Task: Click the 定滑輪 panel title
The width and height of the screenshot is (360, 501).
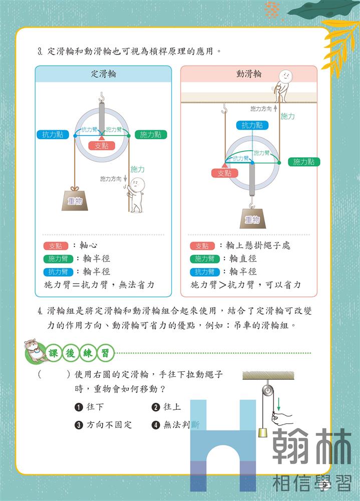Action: pyautogui.click(x=103, y=74)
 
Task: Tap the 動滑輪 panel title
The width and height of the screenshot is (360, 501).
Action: pyautogui.click(x=249, y=74)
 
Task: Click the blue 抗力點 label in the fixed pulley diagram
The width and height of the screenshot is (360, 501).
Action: pyautogui.click(x=53, y=134)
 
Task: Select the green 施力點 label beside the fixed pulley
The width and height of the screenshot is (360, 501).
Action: pyautogui.click(x=151, y=134)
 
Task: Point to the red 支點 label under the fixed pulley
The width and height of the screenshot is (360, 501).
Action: pyautogui.click(x=102, y=146)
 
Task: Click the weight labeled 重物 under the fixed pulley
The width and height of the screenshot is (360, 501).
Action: pyautogui.click(x=75, y=200)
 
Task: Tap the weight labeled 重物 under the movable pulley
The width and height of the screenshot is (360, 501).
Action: pyautogui.click(x=253, y=219)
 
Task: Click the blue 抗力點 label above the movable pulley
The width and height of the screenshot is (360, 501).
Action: pyautogui.click(x=252, y=125)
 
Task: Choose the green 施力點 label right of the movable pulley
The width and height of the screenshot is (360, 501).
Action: pyautogui.click(x=304, y=162)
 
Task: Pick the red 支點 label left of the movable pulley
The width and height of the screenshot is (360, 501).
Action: pyautogui.click(x=224, y=173)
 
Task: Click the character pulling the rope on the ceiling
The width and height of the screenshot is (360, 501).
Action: pyautogui.click(x=282, y=86)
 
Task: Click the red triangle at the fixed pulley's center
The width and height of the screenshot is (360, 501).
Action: pyautogui.click(x=101, y=138)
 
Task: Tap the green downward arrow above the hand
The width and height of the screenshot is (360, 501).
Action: pyautogui.click(x=278, y=404)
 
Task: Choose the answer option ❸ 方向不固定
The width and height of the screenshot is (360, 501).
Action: pyautogui.click(x=103, y=425)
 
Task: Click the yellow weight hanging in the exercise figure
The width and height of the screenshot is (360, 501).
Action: pyautogui.click(x=263, y=432)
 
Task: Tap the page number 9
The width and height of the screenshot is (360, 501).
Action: pyautogui.click(x=324, y=484)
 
